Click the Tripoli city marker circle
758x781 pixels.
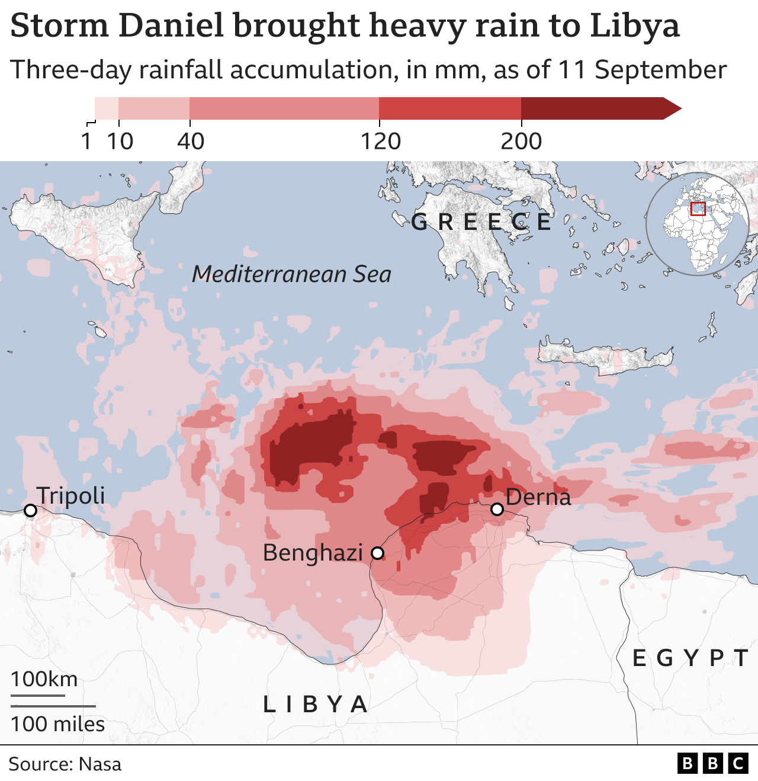30,510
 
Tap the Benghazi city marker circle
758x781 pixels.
377,553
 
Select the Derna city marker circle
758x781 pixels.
497,509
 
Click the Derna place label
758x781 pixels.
538,497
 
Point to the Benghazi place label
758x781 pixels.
313,553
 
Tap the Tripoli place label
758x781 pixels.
70,496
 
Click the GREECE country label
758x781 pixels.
481,222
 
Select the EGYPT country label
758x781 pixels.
690,658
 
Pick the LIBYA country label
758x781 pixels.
316,705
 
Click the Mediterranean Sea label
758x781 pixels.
291,274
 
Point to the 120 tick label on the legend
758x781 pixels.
381,142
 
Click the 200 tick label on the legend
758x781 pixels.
521,142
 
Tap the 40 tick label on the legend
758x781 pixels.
191,142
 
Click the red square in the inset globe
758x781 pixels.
698,209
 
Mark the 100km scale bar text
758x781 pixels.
44,679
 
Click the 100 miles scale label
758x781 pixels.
57,724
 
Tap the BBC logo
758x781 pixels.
712,763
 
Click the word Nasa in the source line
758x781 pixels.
100,764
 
